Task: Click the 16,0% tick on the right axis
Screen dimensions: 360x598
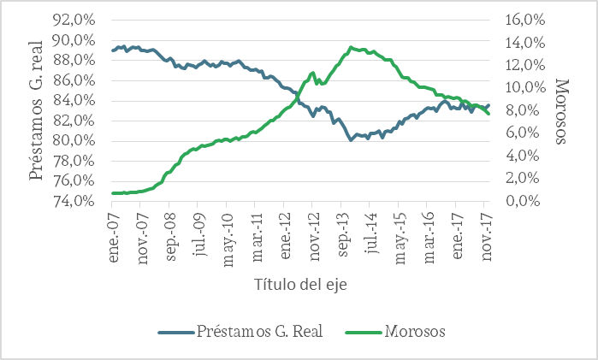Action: (x=523, y=20)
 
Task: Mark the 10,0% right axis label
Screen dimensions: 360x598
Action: (x=523, y=88)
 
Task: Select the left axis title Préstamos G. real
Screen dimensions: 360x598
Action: (x=37, y=109)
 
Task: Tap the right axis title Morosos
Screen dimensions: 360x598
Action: (x=562, y=110)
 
